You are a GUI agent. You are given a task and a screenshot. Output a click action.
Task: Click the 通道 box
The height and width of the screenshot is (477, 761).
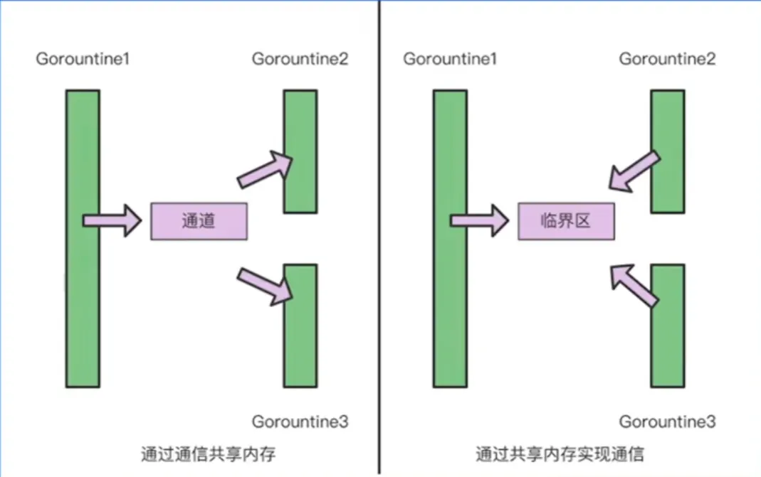(199, 221)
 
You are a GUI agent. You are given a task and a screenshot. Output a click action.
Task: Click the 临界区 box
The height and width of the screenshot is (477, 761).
(566, 221)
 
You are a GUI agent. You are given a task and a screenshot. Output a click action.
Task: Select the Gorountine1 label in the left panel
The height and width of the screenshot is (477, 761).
(83, 58)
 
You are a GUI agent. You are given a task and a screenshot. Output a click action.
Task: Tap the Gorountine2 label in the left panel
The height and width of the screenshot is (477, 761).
(300, 58)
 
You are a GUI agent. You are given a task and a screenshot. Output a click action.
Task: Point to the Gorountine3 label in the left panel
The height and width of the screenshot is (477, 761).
(300, 422)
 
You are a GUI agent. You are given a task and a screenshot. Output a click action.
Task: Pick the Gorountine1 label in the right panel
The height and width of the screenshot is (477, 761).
(450, 58)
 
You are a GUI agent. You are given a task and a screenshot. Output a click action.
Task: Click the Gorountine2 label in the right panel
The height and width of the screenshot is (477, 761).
(667, 58)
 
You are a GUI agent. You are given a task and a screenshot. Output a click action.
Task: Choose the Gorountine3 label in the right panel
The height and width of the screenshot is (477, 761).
(667, 422)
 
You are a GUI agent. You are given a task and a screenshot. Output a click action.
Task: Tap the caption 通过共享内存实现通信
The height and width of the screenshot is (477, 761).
(561, 454)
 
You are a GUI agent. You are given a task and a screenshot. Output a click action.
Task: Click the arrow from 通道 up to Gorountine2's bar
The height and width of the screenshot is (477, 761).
(266, 170)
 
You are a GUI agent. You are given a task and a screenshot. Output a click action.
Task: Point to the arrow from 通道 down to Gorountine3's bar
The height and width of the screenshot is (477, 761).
(266, 285)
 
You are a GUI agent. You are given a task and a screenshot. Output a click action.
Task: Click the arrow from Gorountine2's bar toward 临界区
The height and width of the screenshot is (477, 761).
(635, 170)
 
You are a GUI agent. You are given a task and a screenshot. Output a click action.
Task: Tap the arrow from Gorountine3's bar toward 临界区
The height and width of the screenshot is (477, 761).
(635, 285)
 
